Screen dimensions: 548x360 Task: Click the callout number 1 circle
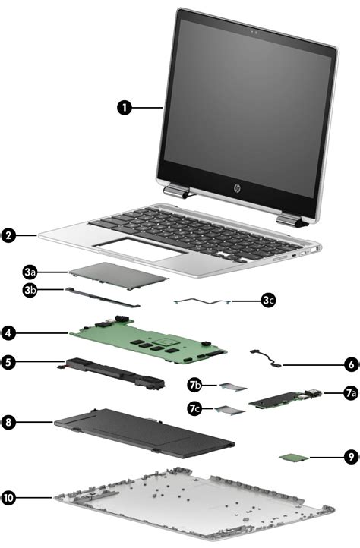point(126,107)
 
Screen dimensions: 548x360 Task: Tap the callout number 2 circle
point(8,236)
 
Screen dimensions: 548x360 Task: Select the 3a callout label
point(30,271)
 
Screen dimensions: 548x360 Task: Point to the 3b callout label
point(30,289)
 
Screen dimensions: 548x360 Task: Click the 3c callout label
point(267,301)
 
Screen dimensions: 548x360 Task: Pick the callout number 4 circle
point(8,332)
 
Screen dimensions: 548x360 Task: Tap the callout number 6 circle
point(350,364)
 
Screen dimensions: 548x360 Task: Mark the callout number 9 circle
point(350,458)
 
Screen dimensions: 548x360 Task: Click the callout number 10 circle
point(8,498)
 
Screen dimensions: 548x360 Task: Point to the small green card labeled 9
point(292,458)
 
